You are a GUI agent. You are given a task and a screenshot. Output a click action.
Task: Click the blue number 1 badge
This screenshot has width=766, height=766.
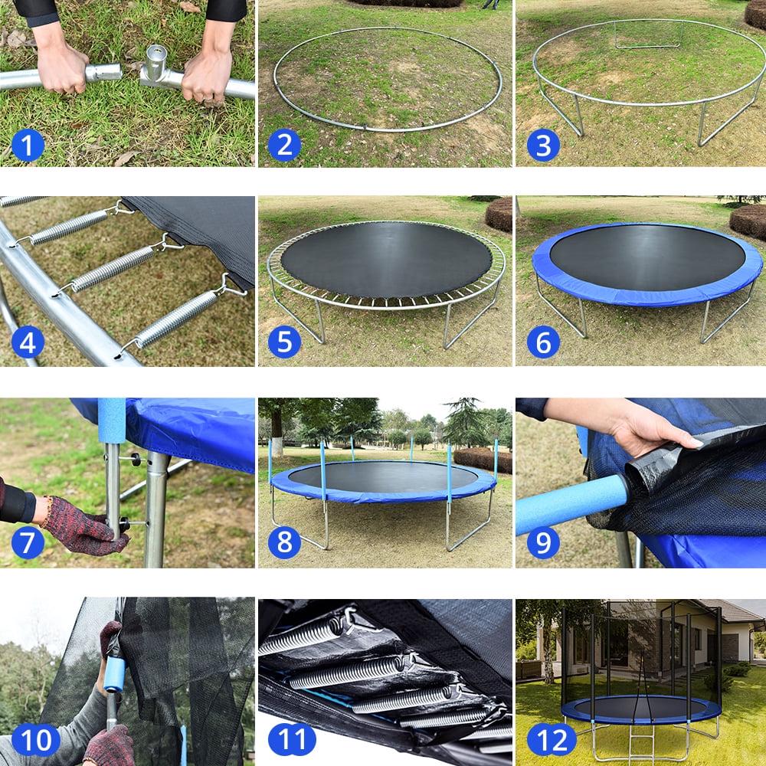[x=28, y=145]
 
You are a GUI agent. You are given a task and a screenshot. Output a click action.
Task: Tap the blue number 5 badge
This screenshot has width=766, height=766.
[x=284, y=342]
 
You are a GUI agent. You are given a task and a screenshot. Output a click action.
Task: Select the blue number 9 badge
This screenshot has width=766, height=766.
[x=542, y=543]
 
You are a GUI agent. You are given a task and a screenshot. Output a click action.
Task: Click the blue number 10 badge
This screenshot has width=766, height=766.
[x=35, y=739]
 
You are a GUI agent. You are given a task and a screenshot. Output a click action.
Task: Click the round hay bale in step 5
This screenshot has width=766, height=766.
[x=499, y=214]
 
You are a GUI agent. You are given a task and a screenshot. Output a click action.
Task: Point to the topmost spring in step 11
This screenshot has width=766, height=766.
[x=303, y=636]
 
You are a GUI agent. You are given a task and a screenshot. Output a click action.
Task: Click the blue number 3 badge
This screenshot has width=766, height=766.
[x=542, y=145]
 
